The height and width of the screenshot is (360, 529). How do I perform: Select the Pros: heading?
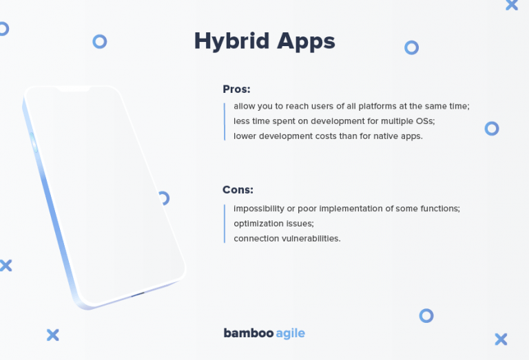click(x=236, y=89)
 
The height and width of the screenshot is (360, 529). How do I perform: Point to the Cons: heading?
click(x=238, y=190)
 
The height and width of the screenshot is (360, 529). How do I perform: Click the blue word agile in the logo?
click(x=290, y=334)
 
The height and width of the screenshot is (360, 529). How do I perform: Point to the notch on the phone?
click(x=72, y=90)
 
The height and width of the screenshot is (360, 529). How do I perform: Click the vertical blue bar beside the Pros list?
click(x=225, y=122)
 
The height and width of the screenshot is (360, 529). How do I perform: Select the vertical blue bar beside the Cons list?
click(x=225, y=223)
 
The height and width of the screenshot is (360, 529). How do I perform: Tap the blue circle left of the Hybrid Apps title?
click(x=100, y=42)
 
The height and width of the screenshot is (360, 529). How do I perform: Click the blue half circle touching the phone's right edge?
click(x=164, y=198)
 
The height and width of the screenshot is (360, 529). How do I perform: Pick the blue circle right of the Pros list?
click(x=491, y=128)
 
